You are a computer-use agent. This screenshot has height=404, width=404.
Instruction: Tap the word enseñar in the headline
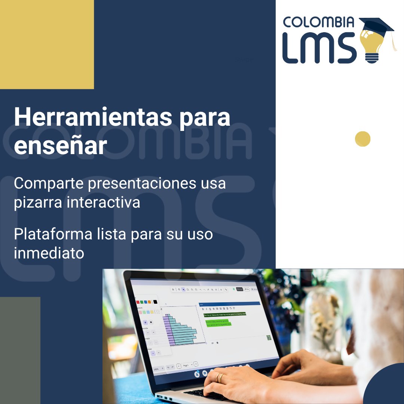(60, 146)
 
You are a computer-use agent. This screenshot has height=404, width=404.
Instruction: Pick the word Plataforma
(53, 234)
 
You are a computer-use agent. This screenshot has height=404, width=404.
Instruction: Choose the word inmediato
(49, 253)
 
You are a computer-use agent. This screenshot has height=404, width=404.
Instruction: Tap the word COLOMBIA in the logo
(318, 22)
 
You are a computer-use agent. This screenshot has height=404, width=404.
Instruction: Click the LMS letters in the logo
(318, 48)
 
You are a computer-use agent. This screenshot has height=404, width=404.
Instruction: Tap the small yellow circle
(362, 139)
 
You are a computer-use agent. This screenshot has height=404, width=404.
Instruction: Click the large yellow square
(47, 44)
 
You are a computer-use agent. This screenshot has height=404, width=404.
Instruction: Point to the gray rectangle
(20, 350)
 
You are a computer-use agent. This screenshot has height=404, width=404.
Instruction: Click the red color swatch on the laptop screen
(138, 302)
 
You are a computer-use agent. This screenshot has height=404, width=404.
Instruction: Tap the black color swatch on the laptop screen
(155, 302)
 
